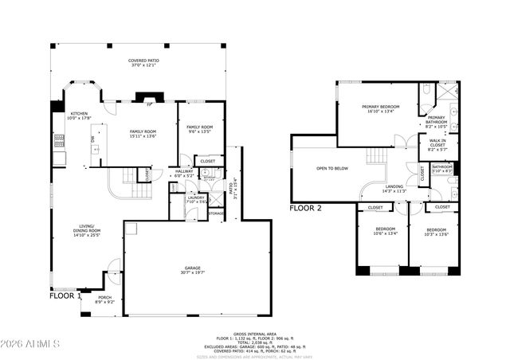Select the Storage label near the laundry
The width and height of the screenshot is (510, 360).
(x=216, y=213)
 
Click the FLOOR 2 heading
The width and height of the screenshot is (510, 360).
(x=305, y=208)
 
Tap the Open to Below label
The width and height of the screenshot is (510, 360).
(x=331, y=169)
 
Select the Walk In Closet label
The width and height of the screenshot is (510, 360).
(x=437, y=143)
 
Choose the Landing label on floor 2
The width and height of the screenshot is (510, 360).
(x=394, y=189)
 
